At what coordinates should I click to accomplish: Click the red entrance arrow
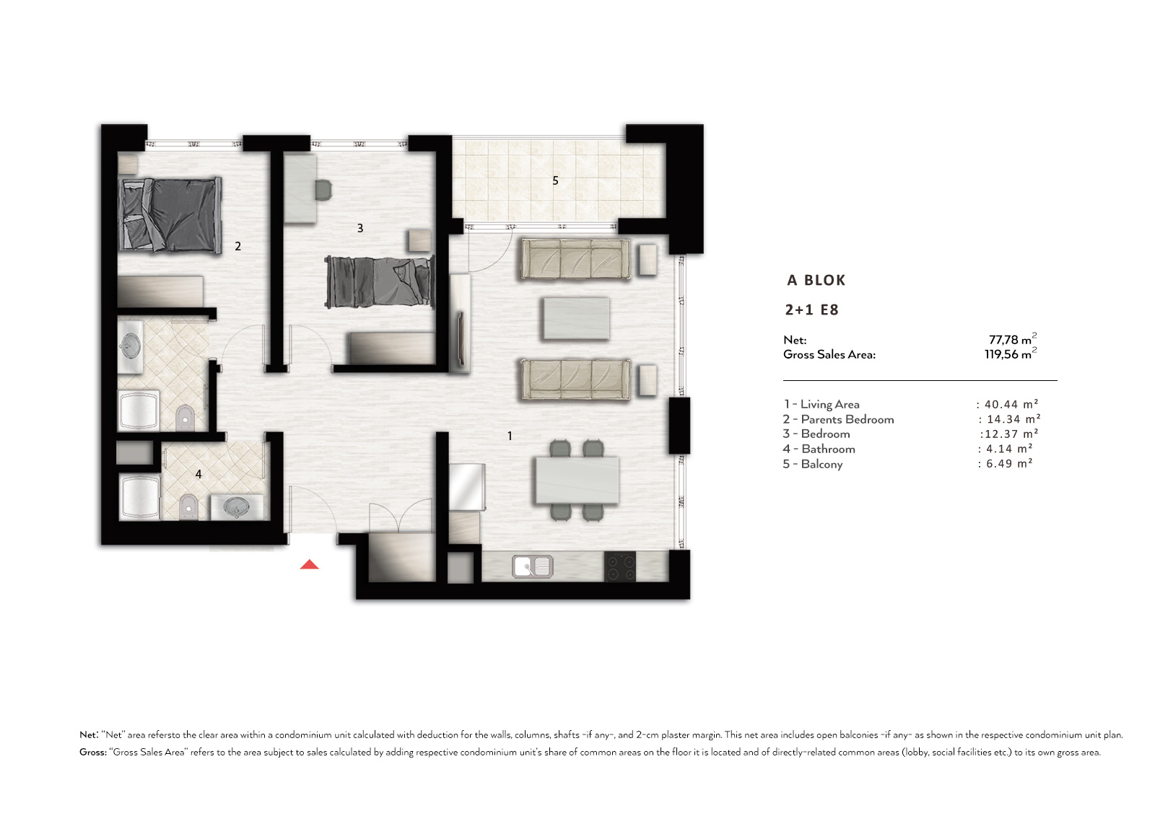[310, 564]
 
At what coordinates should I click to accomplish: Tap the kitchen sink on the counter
[533, 566]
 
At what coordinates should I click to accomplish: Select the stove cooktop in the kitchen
[620, 566]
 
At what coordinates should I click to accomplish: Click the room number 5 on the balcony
[555, 180]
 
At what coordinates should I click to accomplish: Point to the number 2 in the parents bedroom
[237, 247]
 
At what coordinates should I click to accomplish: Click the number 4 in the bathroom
[199, 474]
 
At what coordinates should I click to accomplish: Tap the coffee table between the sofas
[575, 319]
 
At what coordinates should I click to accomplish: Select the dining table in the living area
[577, 480]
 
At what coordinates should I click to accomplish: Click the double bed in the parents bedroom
[170, 214]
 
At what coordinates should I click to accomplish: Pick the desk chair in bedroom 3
[323, 190]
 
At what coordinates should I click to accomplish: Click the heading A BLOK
[816, 281]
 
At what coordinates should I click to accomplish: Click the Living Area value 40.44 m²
[1011, 405]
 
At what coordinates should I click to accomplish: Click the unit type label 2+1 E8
[811, 310]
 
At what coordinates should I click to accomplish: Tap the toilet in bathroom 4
[188, 506]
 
